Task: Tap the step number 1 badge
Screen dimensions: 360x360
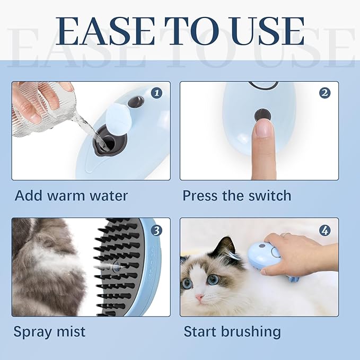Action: [x=156, y=93]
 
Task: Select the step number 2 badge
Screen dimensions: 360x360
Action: [x=325, y=93]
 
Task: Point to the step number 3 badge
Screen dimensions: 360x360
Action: [x=156, y=230]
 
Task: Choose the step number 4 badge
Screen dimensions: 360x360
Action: [x=325, y=230]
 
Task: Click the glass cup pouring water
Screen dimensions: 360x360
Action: [x=37, y=106]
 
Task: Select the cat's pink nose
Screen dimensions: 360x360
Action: [x=199, y=297]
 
